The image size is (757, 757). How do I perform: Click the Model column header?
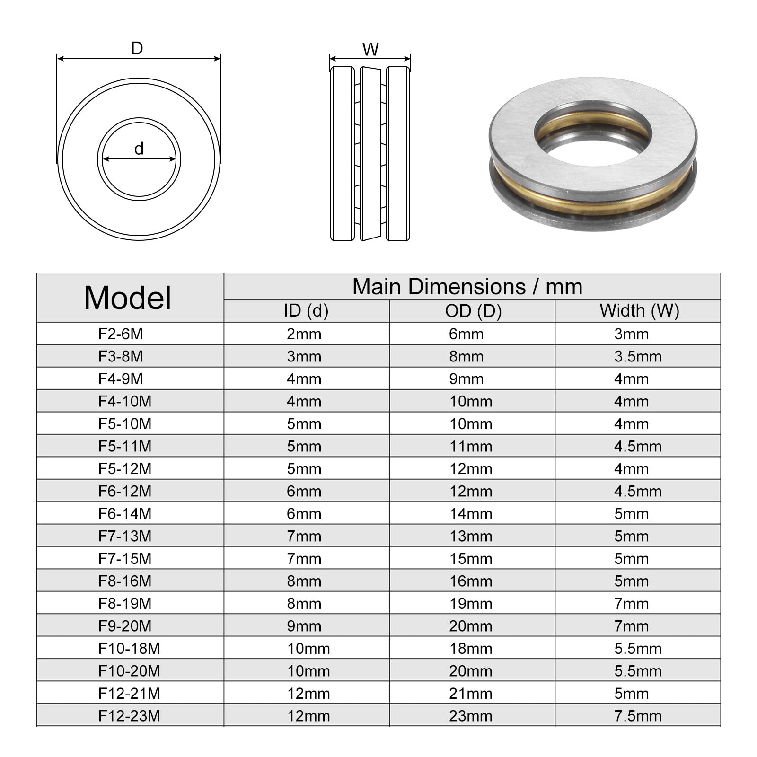pyautogui.click(x=127, y=298)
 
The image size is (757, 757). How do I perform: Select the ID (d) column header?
pyautogui.click(x=306, y=311)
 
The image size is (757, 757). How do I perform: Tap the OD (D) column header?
pyautogui.click(x=473, y=311)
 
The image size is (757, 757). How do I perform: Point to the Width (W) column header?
pyautogui.click(x=639, y=311)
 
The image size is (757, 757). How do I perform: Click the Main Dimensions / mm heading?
pyautogui.click(x=467, y=287)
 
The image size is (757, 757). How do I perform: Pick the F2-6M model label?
pyautogui.click(x=121, y=334)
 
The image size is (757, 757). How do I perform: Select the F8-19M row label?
pyautogui.click(x=125, y=604)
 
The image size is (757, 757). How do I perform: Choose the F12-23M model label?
pyautogui.click(x=129, y=716)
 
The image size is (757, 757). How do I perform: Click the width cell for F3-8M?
pyautogui.click(x=638, y=356)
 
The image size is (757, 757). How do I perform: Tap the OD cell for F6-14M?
pyautogui.click(x=471, y=514)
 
